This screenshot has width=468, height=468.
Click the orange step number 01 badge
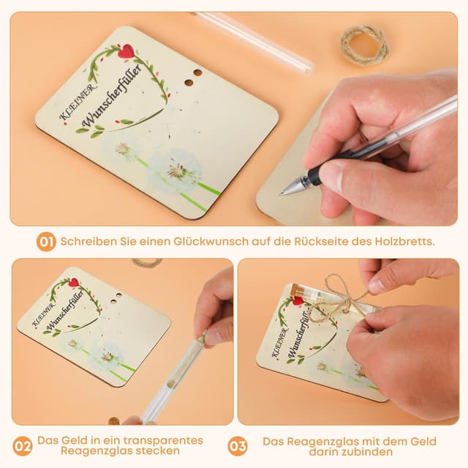point(46,241)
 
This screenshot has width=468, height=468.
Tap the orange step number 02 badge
point(23,446)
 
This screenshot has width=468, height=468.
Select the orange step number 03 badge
point(238,446)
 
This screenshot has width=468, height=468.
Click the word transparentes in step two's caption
point(163,440)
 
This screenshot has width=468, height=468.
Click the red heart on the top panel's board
point(126,51)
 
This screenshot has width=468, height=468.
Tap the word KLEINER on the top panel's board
point(78,102)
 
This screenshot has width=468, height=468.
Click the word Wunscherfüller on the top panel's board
point(111,96)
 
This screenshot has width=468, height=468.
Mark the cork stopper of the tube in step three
point(295,290)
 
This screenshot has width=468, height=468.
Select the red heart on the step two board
point(73,282)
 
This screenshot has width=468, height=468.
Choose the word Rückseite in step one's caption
point(321,241)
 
